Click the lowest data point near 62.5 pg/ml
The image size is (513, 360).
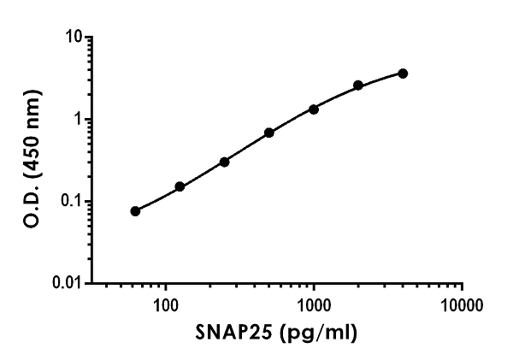click(135, 210)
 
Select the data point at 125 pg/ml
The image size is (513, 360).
click(180, 186)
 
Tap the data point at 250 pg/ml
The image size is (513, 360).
click(224, 162)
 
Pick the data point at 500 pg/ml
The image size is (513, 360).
click(269, 133)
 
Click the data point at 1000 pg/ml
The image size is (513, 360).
click(314, 109)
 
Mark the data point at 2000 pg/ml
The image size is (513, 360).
click(358, 86)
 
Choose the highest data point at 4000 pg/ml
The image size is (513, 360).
click(403, 74)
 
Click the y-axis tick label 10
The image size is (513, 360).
click(75, 38)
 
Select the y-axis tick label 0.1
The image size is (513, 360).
click(73, 202)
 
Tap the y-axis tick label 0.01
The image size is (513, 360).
click(68, 283)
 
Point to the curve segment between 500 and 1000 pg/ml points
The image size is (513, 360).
click(292, 120)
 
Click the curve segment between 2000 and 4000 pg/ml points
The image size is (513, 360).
click(381, 78)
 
